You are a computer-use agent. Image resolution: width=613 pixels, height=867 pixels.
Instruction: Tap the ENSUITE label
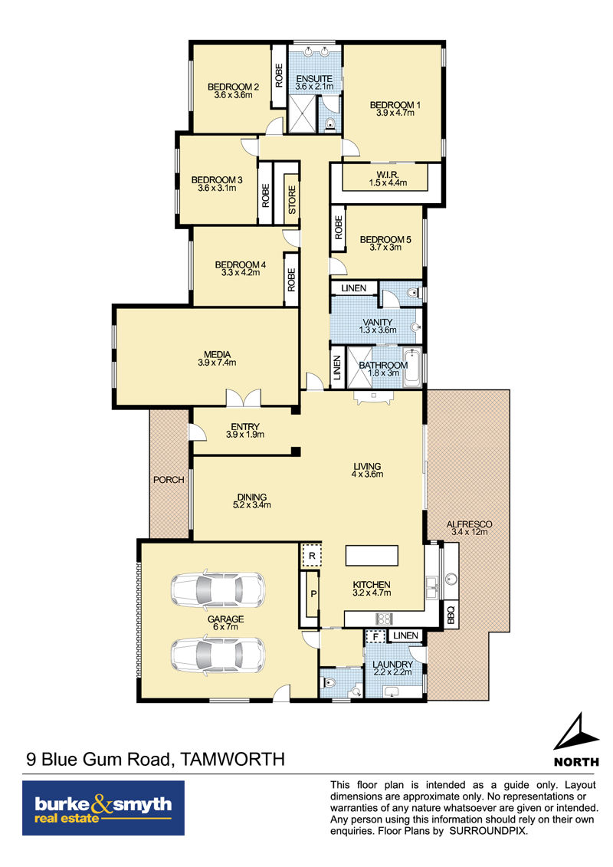pos(314,79)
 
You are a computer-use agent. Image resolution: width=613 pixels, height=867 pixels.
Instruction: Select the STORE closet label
pos(292,199)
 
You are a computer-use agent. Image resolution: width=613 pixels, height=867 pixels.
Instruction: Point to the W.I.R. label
pos(388,175)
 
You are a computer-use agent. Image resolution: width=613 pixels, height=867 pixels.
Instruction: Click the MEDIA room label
pos(217,354)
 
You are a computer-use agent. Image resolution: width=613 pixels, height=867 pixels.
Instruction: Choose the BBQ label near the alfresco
pos(451,615)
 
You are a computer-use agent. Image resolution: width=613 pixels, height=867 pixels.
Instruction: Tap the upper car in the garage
pos(217,589)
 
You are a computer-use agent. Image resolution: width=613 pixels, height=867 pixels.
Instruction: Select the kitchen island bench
pos(372,556)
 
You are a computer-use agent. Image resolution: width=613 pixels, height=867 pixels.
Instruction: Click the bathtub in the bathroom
pos(411,368)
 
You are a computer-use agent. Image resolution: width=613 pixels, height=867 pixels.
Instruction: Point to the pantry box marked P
pos(313,594)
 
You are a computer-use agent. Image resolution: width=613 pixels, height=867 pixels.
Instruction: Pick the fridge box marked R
pos(312,556)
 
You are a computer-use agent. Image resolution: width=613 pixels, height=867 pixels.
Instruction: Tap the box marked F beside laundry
pos(376,637)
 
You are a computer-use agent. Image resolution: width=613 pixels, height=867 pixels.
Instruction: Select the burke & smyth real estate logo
pos(103,808)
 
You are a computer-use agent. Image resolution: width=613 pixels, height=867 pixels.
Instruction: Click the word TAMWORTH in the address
pos(233,759)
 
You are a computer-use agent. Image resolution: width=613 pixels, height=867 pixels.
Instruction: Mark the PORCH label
pos(169,480)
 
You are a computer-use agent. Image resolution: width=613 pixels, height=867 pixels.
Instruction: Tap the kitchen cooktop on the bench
pos(384,618)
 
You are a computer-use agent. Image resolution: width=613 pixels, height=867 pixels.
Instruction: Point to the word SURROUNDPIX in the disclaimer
pos(488,831)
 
